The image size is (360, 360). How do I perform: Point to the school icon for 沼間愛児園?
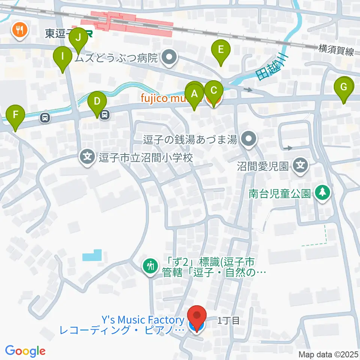point(301,164)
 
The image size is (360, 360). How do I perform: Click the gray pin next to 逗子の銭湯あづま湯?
point(248,140)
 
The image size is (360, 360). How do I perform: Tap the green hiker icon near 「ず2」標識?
point(151,266)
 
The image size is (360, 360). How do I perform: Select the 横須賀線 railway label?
point(336,50)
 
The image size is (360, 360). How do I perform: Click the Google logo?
point(25,351)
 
